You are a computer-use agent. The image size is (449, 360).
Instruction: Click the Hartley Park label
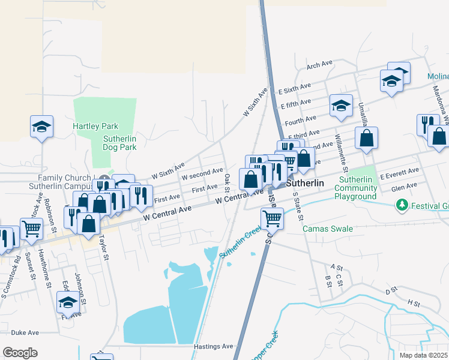click(x=95, y=126)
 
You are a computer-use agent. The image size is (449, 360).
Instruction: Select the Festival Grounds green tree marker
click(x=402, y=206)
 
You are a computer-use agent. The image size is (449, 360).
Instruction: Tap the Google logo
click(x=20, y=353)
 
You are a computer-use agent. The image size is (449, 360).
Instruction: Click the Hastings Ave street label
click(x=213, y=346)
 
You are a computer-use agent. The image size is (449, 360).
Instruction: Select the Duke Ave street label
click(x=25, y=332)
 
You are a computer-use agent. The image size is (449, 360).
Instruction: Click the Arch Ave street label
click(x=319, y=65)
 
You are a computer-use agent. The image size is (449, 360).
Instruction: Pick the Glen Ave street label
click(x=403, y=187)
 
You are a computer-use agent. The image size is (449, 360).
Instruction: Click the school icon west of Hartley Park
click(x=42, y=127)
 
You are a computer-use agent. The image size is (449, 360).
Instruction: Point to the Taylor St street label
click(x=104, y=247)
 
